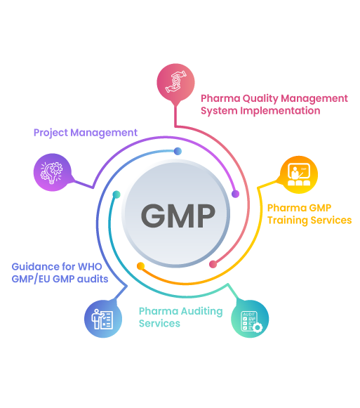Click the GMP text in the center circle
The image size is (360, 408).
177,216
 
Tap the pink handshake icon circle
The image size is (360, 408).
175,81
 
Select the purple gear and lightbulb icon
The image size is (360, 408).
52,173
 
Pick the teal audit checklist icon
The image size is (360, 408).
250,319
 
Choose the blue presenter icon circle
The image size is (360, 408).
102,319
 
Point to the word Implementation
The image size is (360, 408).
288,110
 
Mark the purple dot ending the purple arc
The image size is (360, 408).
235,195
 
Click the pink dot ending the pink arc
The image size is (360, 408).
213,264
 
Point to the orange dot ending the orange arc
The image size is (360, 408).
141,266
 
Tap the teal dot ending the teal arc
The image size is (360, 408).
116,194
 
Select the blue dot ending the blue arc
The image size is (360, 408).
178,151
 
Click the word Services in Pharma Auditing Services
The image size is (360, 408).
159,323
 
